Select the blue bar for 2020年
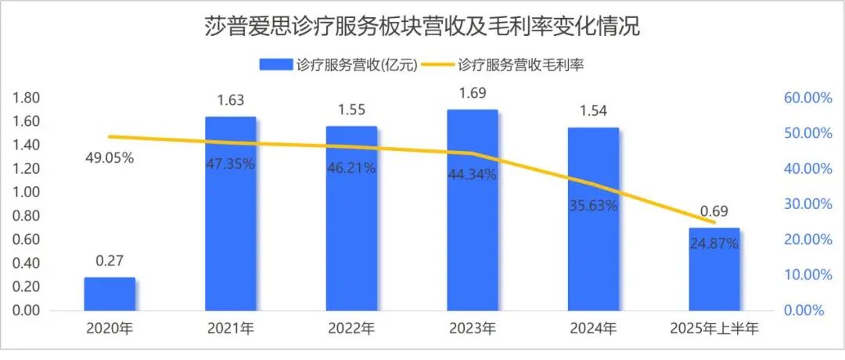click(110, 293)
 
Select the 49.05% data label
click(110, 157)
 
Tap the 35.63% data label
click(593, 207)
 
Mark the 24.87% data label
click(714, 243)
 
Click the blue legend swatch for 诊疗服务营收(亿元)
click(276, 66)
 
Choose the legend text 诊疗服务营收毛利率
click(521, 66)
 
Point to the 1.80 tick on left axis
click(27, 98)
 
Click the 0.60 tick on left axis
click(27, 239)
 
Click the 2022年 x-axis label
click(351, 327)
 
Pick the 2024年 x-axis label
click(593, 327)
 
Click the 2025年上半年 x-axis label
click(714, 327)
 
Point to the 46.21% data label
click(351, 167)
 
